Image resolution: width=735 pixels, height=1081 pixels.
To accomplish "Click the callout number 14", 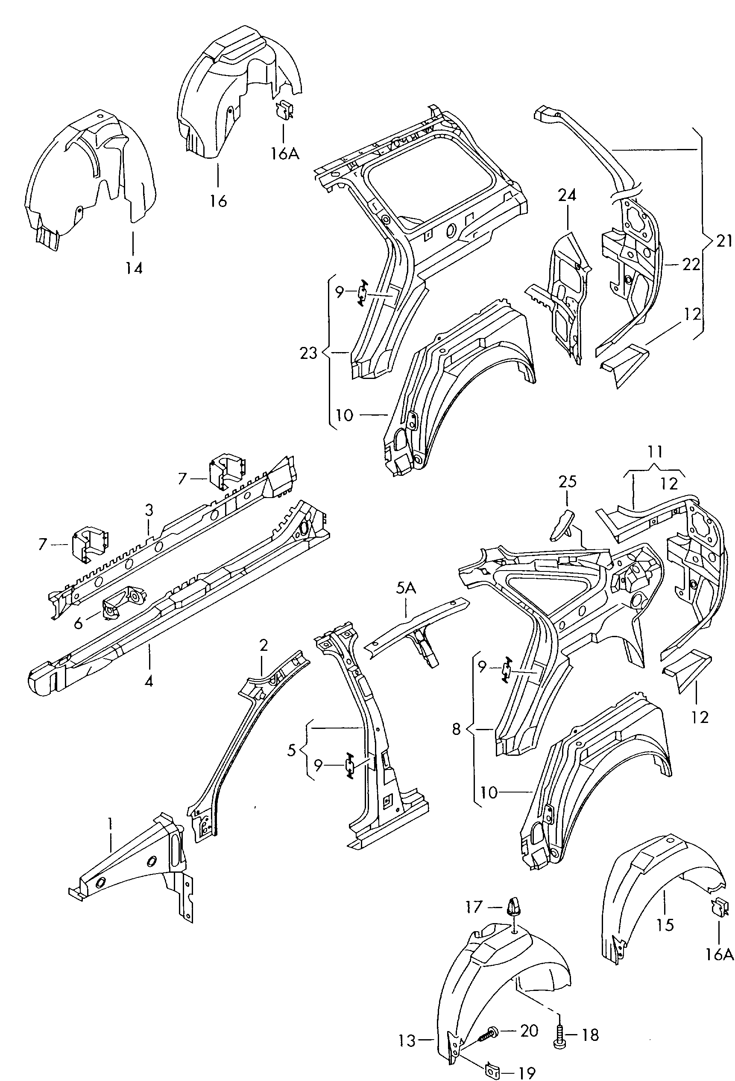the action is [134, 268].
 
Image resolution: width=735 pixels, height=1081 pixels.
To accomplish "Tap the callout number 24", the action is [568, 195].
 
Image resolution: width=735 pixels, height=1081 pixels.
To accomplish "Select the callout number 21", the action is [724, 241].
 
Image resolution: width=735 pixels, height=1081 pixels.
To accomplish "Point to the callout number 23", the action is [309, 353].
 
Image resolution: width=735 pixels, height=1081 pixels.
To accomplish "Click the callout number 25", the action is [567, 481].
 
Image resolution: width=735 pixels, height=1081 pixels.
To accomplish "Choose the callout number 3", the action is [149, 510].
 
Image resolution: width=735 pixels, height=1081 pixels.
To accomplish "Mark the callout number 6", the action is [78, 623].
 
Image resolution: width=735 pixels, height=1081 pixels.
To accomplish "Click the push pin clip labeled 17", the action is [512, 906].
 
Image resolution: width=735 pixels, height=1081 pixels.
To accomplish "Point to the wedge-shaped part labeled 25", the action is [562, 524].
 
